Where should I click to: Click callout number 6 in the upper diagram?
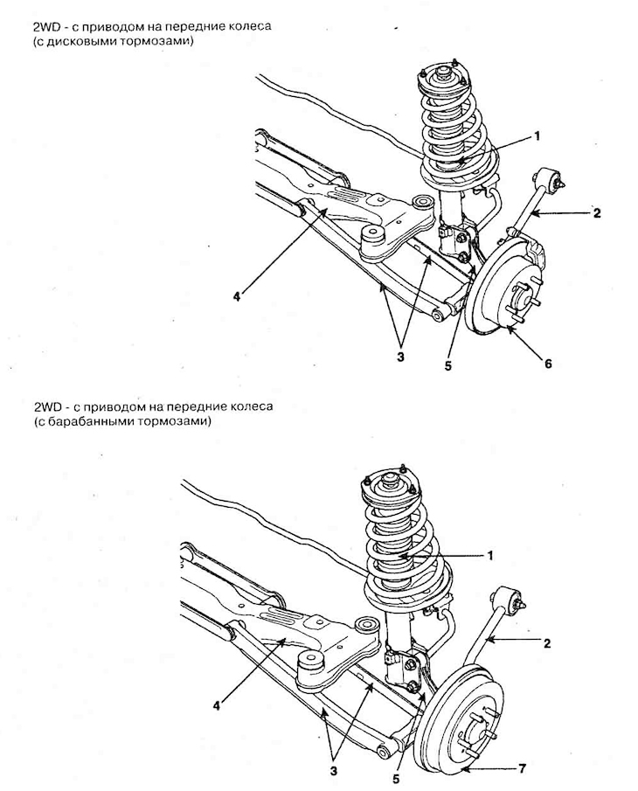[x=548, y=363]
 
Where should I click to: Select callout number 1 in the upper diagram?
[x=537, y=135]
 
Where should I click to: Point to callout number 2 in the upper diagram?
[x=597, y=213]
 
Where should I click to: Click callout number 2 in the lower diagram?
[x=547, y=643]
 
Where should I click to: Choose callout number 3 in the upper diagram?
[x=400, y=357]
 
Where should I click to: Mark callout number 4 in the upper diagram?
[x=237, y=296]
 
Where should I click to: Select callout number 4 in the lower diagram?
[x=217, y=705]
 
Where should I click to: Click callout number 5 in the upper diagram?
[x=447, y=366]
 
